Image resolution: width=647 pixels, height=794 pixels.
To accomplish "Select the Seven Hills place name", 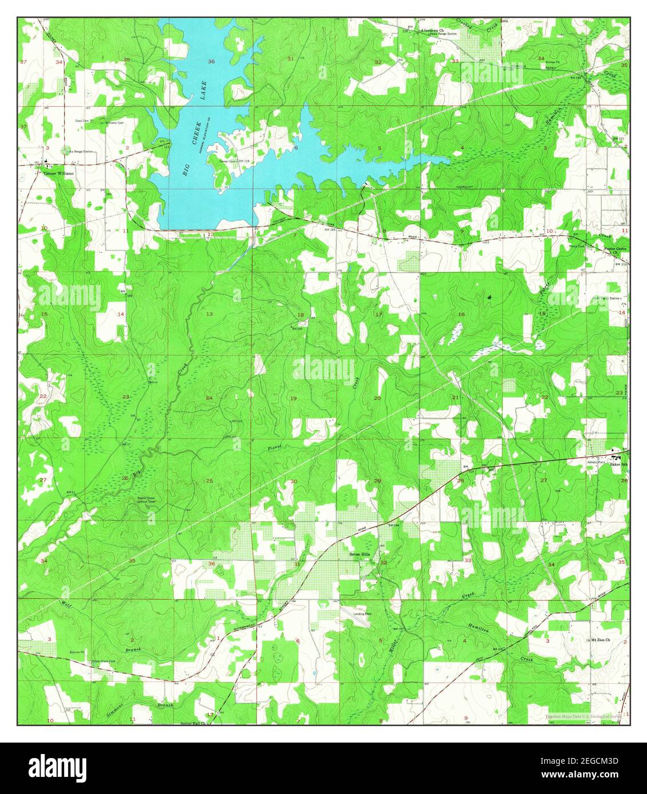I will (x=361, y=554).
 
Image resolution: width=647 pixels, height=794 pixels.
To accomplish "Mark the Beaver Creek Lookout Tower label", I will (x=150, y=501).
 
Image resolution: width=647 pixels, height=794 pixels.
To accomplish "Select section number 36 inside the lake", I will (x=211, y=61).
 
